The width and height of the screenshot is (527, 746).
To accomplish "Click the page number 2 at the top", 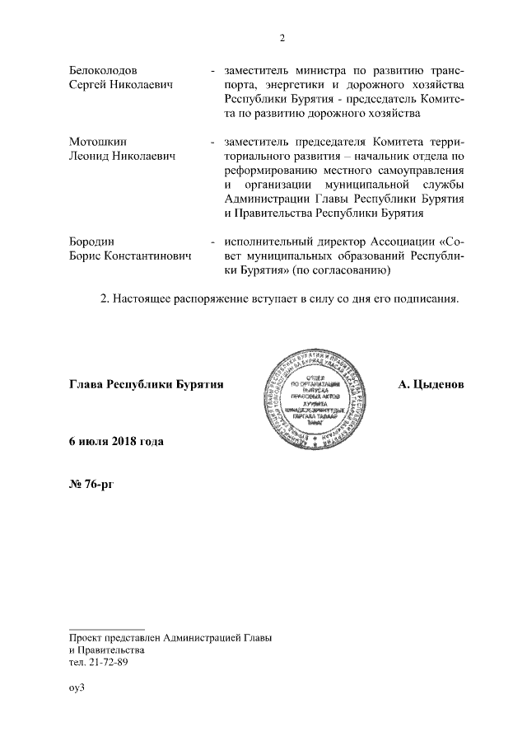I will click(x=282, y=37).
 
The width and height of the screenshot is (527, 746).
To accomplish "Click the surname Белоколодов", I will click(x=103, y=70).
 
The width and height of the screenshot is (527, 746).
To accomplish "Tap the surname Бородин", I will click(x=91, y=241).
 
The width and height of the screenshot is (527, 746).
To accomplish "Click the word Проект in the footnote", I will click(x=87, y=636).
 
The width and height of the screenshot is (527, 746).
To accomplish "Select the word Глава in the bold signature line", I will click(x=86, y=385).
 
